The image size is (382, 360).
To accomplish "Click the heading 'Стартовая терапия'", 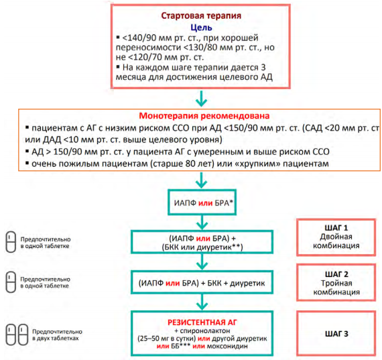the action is [x=201, y=16].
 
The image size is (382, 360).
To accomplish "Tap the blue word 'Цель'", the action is [x=201, y=27].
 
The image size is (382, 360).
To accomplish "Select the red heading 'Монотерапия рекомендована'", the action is [x=204, y=115].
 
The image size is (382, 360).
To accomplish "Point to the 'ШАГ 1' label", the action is [x=336, y=228].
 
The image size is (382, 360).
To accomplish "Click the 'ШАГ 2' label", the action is [x=336, y=274].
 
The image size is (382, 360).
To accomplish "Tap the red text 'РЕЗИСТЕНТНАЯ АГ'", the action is [x=202, y=322].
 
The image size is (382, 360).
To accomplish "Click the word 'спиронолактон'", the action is [x=205, y=331].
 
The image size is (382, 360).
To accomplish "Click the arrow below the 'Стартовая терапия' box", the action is [x=202, y=99].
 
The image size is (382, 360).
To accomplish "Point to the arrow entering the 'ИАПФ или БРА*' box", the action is [x=202, y=180].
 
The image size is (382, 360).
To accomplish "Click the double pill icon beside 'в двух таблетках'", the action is [x=17, y=335].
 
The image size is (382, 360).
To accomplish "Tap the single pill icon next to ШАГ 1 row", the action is [x=11, y=242].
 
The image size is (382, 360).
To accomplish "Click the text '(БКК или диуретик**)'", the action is [x=202, y=247].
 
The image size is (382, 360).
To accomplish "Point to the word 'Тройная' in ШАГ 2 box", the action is [x=336, y=283].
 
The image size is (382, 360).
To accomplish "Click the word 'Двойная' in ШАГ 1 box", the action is [x=336, y=237].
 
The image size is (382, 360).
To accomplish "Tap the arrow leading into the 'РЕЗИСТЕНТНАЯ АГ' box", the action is [x=202, y=302].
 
